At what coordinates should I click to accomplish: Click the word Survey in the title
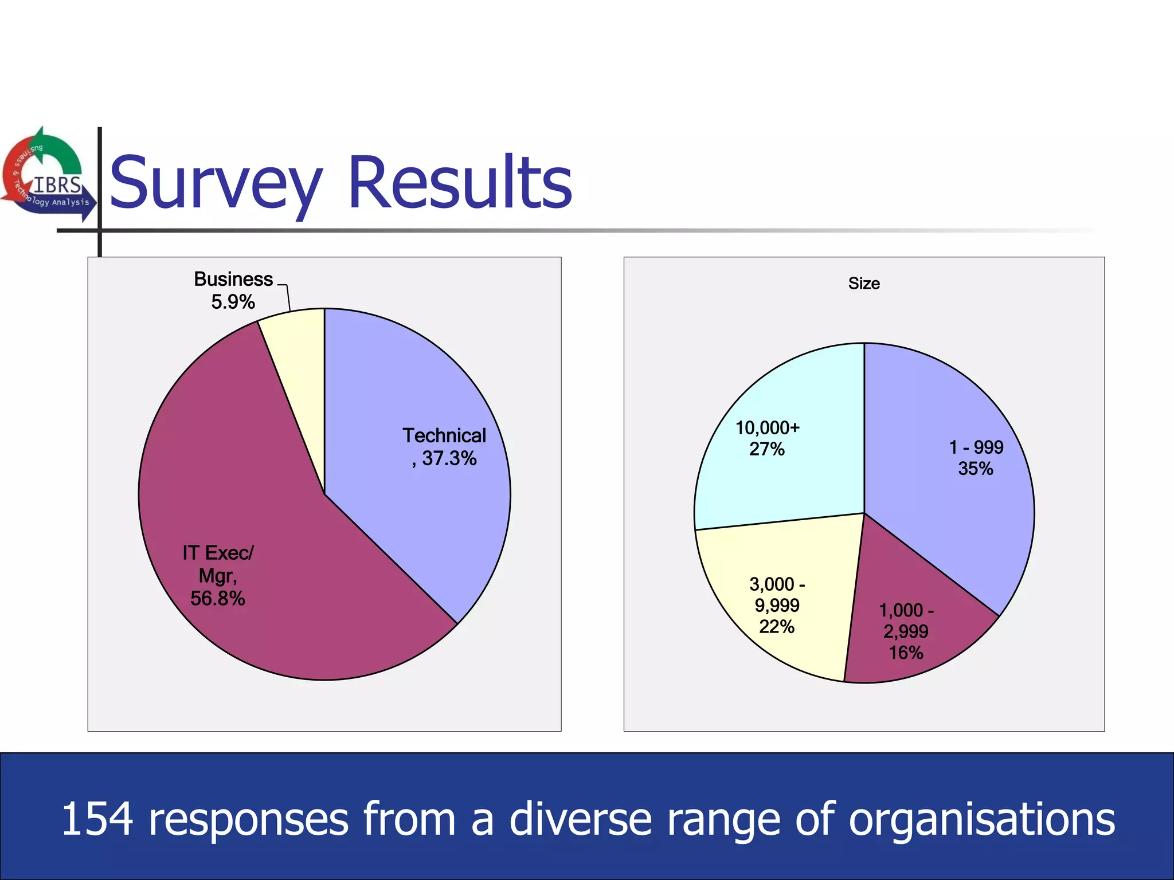216,183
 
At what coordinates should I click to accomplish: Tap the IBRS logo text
57,185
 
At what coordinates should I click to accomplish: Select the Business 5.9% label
233,290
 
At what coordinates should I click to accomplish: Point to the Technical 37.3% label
444,447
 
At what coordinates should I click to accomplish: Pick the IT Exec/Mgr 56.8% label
218,575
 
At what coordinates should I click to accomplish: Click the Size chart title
864,284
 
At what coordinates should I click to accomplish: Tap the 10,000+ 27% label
767,438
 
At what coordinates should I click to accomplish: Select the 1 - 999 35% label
976,458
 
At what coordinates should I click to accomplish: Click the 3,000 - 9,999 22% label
777,606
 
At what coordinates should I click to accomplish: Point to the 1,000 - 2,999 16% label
906,631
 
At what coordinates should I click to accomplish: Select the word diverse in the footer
580,819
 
